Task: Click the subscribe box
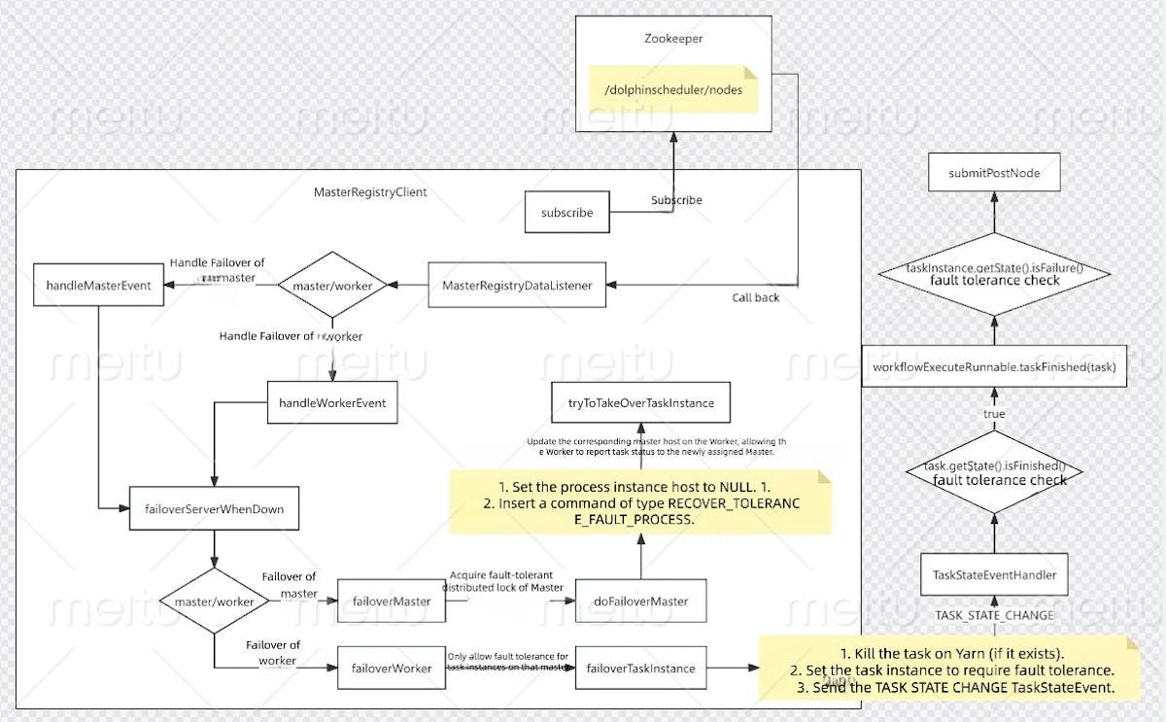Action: (x=567, y=212)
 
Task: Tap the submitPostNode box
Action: (x=993, y=173)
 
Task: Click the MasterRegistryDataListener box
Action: (x=517, y=285)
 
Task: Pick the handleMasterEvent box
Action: (x=98, y=285)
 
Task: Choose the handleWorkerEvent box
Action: (x=332, y=402)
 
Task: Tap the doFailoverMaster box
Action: (x=640, y=602)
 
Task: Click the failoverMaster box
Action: (x=391, y=602)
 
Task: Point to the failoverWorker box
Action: (x=391, y=669)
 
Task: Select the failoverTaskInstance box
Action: (x=640, y=669)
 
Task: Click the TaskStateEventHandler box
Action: (x=993, y=574)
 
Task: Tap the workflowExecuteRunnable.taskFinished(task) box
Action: (x=993, y=366)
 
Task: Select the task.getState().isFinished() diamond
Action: (x=993, y=472)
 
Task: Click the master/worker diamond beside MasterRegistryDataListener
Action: (x=332, y=285)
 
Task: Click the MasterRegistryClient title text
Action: (x=369, y=192)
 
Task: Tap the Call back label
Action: (x=755, y=297)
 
